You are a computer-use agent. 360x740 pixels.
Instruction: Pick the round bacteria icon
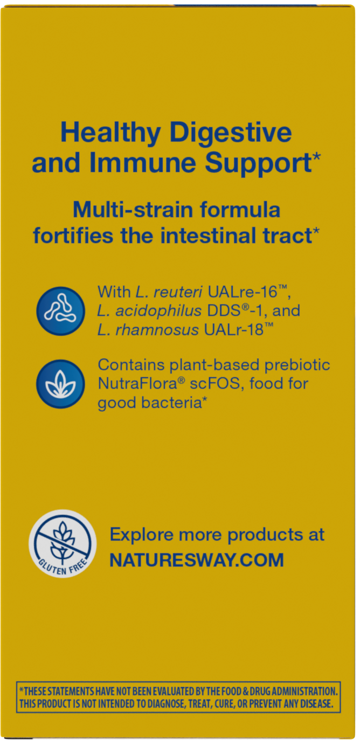60,311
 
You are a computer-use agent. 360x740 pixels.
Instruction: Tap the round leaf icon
60,384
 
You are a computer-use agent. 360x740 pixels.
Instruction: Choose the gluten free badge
63,543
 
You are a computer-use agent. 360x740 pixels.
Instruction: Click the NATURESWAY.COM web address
197,560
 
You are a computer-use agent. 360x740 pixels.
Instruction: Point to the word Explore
142,535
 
